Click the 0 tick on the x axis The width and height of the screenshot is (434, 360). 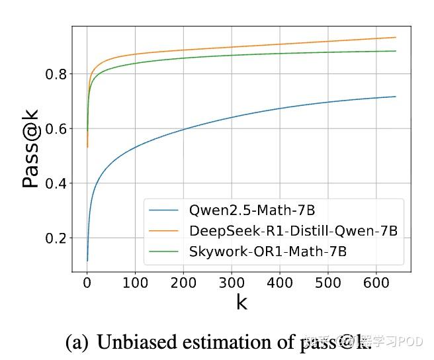click(x=87, y=283)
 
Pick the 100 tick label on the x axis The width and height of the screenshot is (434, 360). click(x=135, y=283)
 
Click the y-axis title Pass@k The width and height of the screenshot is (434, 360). click(x=30, y=150)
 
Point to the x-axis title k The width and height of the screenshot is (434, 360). click(x=241, y=303)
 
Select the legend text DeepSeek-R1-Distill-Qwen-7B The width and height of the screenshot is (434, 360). click(x=292, y=231)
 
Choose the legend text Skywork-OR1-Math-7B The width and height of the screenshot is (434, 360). click(x=269, y=251)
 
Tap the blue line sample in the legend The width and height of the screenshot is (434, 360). click(x=164, y=211)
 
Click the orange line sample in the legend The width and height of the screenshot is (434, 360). click(x=164, y=231)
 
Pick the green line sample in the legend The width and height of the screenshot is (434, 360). click(x=164, y=251)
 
